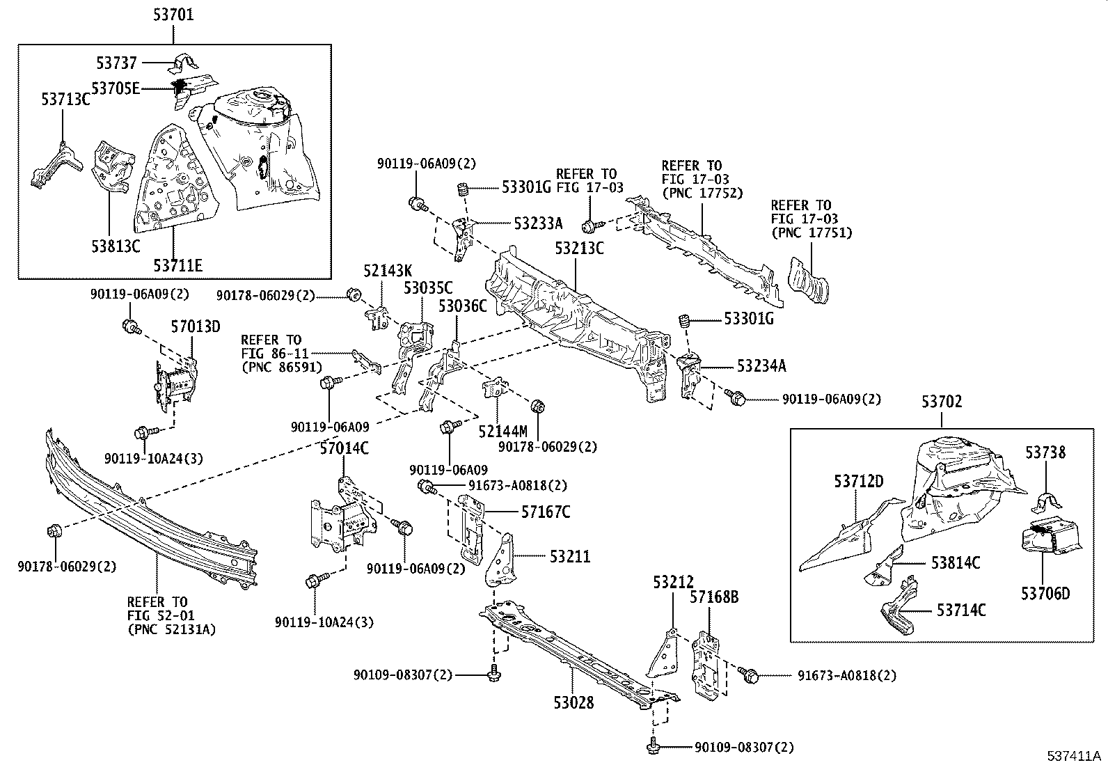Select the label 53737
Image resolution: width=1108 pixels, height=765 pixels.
point(118,63)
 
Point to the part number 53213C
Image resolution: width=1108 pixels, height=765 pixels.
point(579,248)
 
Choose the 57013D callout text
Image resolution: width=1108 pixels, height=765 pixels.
point(196,326)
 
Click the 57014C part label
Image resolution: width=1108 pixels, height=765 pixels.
point(343,448)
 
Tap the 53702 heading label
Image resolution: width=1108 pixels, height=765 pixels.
point(942,402)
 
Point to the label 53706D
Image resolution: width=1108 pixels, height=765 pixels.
point(1045,593)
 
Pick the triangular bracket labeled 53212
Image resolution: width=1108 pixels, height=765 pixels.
point(663,653)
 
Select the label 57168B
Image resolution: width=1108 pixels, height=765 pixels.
point(714,597)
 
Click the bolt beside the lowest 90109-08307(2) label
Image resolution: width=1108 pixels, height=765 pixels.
point(652,746)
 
